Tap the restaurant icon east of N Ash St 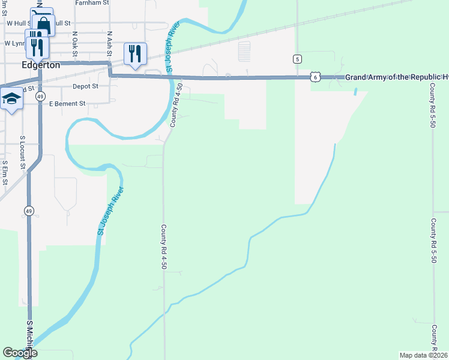pos(135,53)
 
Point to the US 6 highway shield pos(316,77)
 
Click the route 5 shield pos(297,59)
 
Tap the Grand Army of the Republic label pos(397,77)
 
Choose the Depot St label pos(85,86)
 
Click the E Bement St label pos(68,104)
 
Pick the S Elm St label pos(4,172)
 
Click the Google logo pos(20,353)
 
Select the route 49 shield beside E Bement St pos(40,96)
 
